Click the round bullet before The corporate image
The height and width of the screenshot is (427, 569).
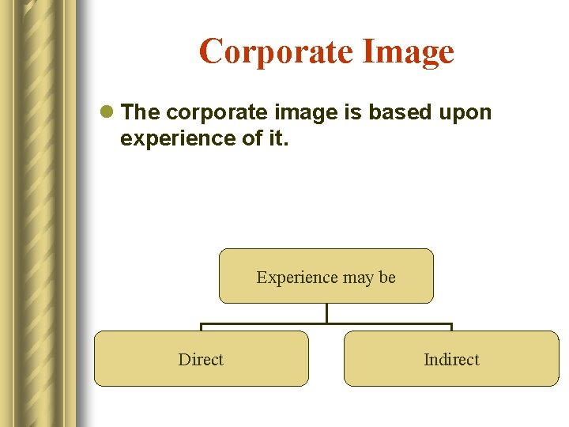(x=108, y=113)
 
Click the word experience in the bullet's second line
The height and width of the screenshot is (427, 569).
(x=167, y=138)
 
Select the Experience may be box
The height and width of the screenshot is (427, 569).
(x=326, y=276)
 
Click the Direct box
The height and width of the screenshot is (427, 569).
(x=201, y=358)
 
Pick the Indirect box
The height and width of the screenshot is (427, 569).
(x=451, y=358)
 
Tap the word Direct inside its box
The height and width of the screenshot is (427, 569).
(x=201, y=360)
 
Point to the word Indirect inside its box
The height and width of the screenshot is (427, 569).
(x=451, y=360)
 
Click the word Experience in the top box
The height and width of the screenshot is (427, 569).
(x=290, y=278)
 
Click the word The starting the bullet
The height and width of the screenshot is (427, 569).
(x=141, y=113)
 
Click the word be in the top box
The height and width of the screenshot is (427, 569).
(x=387, y=278)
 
